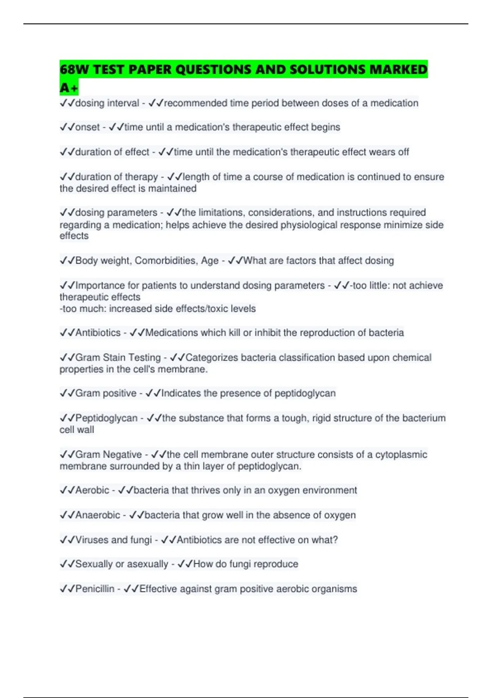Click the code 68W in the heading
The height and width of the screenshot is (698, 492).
coord(74,69)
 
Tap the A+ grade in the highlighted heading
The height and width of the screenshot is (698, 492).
coord(68,88)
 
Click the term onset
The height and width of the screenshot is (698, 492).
coord(87,127)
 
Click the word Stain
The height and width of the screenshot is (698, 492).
coord(114,358)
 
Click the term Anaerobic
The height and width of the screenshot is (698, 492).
coord(98,515)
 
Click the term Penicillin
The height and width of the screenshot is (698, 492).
coord(95,589)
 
